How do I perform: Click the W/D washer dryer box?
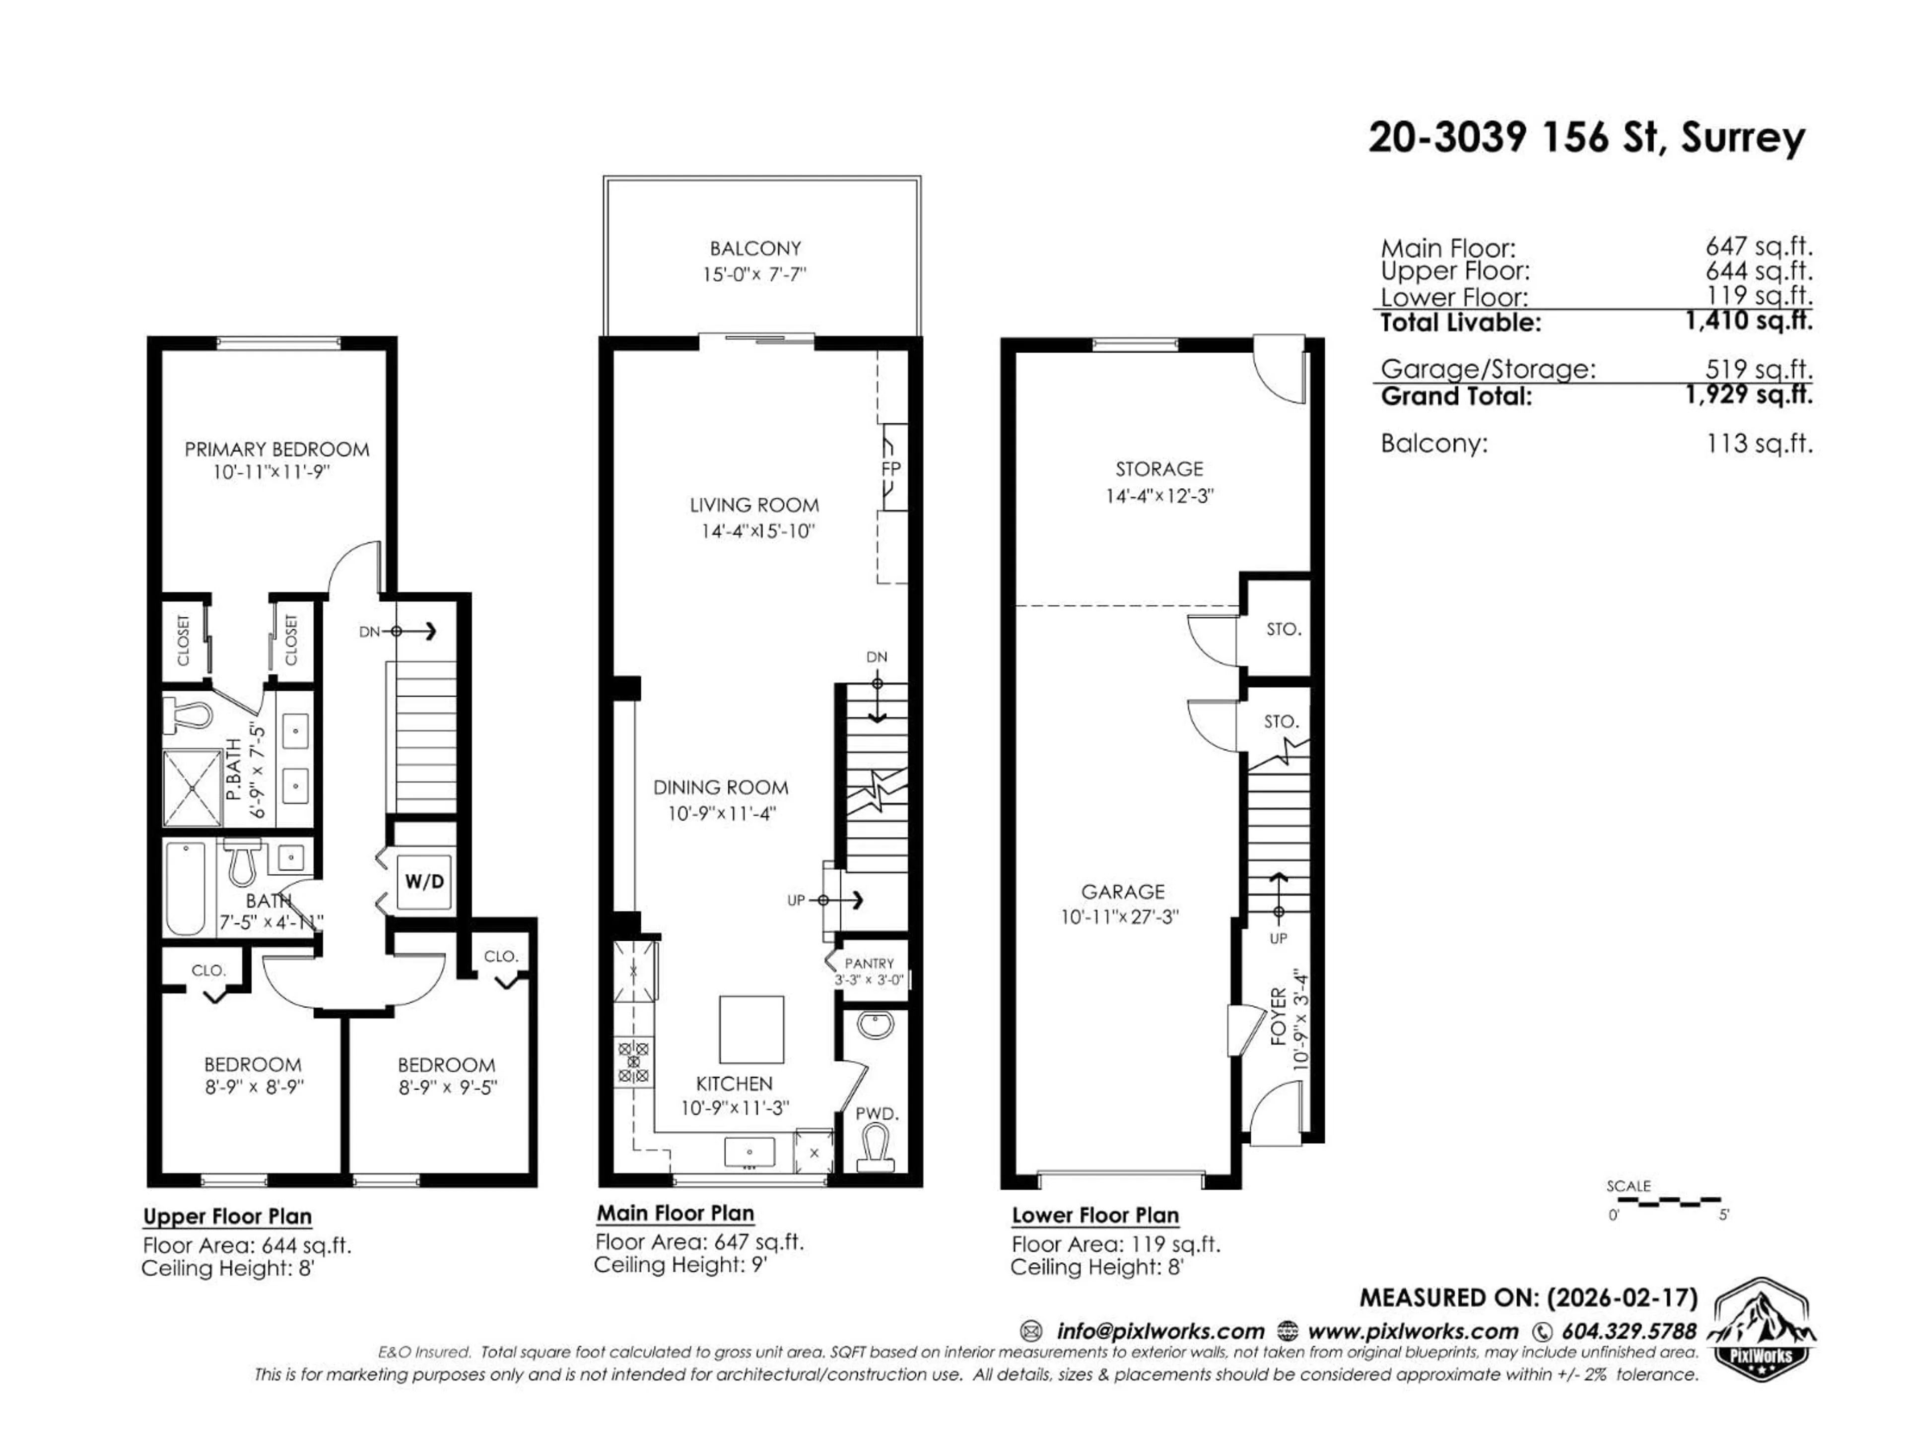(425, 881)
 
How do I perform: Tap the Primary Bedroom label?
(276, 449)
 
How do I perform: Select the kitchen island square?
(751, 1030)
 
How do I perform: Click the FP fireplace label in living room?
(891, 468)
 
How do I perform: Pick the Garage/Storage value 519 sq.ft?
(1759, 369)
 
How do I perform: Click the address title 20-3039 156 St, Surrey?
(1586, 138)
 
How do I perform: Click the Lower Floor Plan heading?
(1094, 1215)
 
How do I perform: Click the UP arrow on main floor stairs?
(847, 900)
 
